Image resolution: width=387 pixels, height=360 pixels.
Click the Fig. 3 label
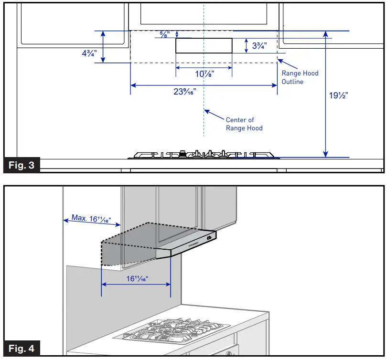coord(22,166)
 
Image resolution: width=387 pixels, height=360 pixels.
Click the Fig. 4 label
coord(22,349)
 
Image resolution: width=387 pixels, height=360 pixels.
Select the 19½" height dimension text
coord(338,95)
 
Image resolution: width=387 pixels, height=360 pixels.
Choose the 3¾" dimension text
coord(258,46)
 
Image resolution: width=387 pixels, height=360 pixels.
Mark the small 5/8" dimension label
coord(164,33)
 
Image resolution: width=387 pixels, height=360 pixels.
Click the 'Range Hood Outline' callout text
coord(300,77)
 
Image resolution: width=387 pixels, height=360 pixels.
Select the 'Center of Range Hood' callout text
coord(244,124)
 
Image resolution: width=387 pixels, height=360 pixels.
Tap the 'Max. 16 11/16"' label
coord(91,219)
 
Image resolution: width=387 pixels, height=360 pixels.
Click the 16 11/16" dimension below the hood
coord(137,278)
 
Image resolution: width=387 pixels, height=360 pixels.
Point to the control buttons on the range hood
coord(209,237)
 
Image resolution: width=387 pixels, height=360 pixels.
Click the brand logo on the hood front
coord(193,244)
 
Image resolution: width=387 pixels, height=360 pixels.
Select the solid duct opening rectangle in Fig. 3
coord(204,45)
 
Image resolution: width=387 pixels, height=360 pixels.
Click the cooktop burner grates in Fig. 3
coord(204,154)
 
